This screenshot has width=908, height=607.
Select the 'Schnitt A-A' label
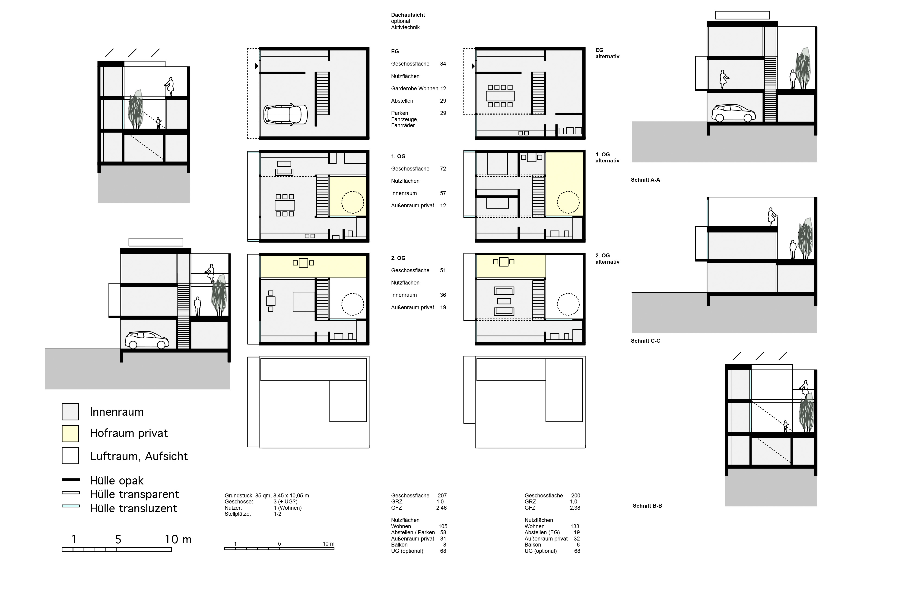coord(645,180)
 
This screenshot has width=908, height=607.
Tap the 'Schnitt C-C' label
coord(645,341)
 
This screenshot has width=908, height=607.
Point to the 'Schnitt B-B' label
coord(647,506)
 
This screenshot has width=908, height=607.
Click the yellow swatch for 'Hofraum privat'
coord(70,433)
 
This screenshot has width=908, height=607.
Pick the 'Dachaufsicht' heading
coord(408,15)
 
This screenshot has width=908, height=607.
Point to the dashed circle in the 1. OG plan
coord(352,202)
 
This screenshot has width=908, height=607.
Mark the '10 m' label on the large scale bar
coord(178,539)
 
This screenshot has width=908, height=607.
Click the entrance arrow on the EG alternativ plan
coord(473,66)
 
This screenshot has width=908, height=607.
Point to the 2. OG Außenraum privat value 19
coord(443,307)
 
